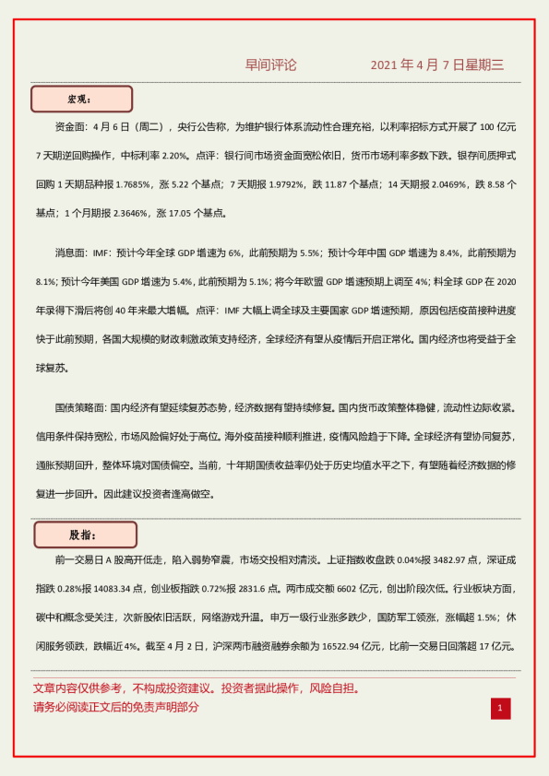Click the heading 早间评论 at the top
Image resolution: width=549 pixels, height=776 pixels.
(271, 65)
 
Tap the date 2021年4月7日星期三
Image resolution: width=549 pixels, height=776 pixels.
(437, 65)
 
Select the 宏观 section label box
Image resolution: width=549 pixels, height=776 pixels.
(82, 99)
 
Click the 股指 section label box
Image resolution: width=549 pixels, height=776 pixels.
(85, 535)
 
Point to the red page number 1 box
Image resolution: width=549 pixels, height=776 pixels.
(500, 708)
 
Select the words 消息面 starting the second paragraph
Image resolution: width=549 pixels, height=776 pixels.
(73, 252)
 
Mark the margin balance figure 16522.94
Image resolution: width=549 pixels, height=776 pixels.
(344, 645)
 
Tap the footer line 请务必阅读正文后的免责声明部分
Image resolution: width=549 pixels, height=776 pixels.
(115, 707)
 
